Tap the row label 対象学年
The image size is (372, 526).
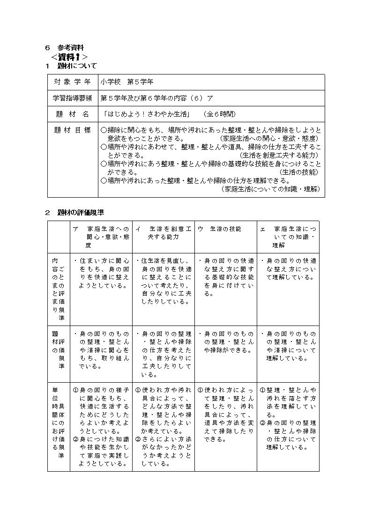click(73, 82)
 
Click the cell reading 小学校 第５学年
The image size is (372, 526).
click(127, 82)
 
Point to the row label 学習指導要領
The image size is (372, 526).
click(73, 98)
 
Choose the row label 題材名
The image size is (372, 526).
click(73, 114)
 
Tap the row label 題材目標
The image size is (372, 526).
click(73, 130)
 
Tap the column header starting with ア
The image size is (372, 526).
click(101, 237)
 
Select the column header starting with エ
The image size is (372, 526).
click(289, 237)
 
